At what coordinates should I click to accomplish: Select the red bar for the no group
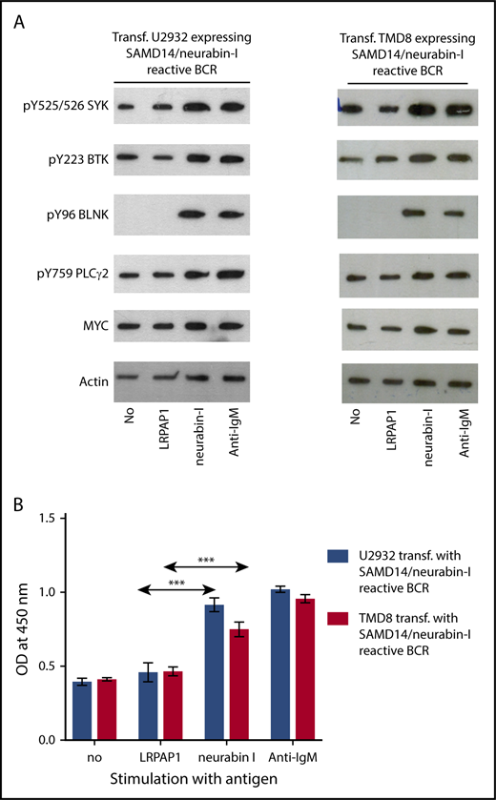click(x=119, y=709)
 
